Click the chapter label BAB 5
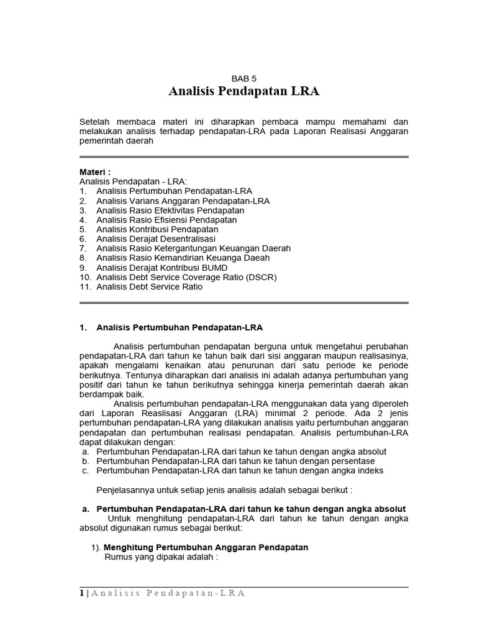point(243,79)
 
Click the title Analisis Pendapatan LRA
point(243,92)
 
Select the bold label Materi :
point(95,171)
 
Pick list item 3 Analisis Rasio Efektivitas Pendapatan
point(170,211)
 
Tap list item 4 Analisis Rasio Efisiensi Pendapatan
point(166,220)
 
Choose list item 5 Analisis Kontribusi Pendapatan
point(157,229)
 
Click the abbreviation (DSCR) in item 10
point(261,276)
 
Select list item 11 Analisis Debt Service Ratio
point(149,286)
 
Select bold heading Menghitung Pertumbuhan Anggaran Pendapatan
point(205,547)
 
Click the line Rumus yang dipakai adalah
point(161,556)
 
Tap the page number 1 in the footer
point(82,593)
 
